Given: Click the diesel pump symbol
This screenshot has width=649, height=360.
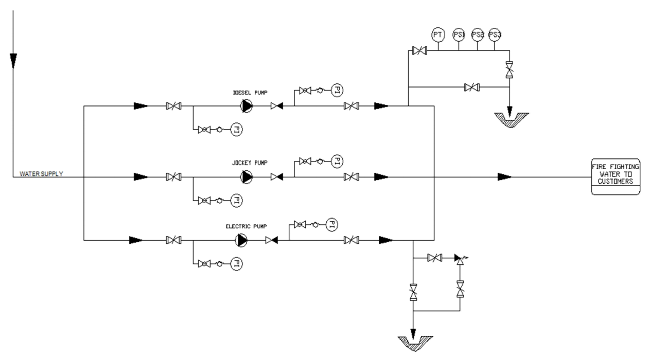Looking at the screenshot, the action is pyautogui.click(x=247, y=106).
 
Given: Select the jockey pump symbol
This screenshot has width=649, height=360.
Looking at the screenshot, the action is pyautogui.click(x=247, y=177).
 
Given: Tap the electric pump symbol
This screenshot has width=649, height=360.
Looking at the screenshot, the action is pyautogui.click(x=241, y=240).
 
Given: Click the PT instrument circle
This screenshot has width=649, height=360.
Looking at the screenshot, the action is pyautogui.click(x=438, y=35).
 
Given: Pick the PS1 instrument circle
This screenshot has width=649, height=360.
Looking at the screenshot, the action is pyautogui.click(x=459, y=35).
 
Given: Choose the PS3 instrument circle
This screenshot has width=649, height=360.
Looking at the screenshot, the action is pyautogui.click(x=495, y=35).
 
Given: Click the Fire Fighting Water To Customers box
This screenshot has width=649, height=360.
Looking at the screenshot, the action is pyautogui.click(x=616, y=177).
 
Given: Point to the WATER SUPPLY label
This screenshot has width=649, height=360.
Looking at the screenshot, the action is pyautogui.click(x=41, y=174).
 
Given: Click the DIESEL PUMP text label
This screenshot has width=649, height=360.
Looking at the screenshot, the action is pyautogui.click(x=250, y=93).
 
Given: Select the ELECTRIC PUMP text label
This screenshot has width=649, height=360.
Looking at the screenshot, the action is pyautogui.click(x=247, y=226).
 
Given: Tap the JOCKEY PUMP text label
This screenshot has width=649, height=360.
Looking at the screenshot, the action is pyautogui.click(x=250, y=163).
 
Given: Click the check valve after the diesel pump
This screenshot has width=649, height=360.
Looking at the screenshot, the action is pyautogui.click(x=277, y=106).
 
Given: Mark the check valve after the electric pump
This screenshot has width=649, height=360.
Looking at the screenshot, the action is pyautogui.click(x=271, y=240).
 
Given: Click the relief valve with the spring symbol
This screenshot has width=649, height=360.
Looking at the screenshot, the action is pyautogui.click(x=460, y=259).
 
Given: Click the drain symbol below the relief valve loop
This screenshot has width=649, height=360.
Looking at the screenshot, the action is pyautogui.click(x=415, y=344).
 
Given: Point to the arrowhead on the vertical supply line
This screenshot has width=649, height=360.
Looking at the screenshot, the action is pyautogui.click(x=13, y=61).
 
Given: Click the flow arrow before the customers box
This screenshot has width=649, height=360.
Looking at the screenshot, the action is pyautogui.click(x=504, y=177).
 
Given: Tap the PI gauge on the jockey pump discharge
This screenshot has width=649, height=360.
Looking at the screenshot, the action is pyautogui.click(x=337, y=161).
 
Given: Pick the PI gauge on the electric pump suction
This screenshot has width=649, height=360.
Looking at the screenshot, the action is pyautogui.click(x=236, y=264).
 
